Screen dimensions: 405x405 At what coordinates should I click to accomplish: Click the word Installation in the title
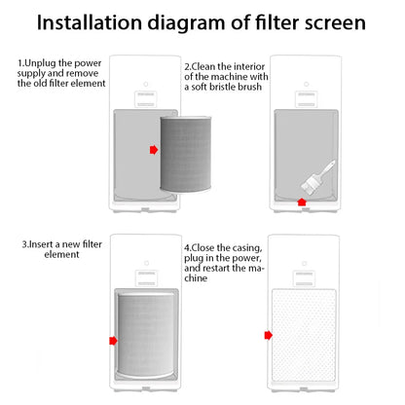(x=90, y=22)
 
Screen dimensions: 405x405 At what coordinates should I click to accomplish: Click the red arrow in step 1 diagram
(x=154, y=150)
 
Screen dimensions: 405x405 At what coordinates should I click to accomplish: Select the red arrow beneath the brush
(x=302, y=202)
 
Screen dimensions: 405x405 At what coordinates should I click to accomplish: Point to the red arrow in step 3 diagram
(x=113, y=341)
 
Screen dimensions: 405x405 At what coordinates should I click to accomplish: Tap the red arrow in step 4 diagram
(x=269, y=335)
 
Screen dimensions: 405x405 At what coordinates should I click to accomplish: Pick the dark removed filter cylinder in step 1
(x=186, y=154)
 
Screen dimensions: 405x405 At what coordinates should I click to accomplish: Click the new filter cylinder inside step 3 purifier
(x=147, y=335)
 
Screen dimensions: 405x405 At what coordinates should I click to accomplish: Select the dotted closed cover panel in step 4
(x=304, y=335)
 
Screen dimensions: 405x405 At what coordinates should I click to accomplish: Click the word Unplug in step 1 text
(x=40, y=63)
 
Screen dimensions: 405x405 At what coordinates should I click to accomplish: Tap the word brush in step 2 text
(x=249, y=87)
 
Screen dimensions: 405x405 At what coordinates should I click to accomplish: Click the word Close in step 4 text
(x=202, y=248)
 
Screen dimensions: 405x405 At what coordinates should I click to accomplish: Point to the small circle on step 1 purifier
(x=146, y=84)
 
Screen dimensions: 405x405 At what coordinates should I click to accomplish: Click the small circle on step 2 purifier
(x=306, y=84)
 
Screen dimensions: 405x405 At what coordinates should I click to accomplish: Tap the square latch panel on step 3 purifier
(x=146, y=278)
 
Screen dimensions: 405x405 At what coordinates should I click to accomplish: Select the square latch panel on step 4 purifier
(x=304, y=278)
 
